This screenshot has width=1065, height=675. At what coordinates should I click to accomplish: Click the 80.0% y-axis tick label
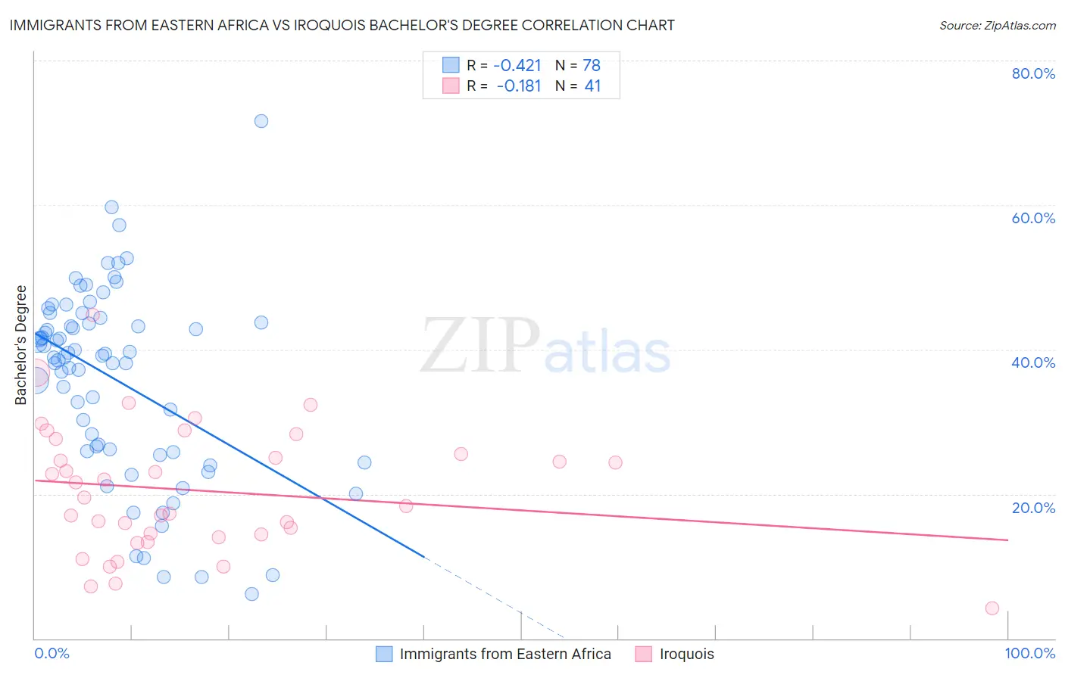(x=1033, y=73)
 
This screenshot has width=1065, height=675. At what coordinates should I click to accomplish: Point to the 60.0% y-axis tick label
(x=1033, y=218)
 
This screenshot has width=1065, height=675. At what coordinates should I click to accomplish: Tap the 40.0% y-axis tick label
(x=1033, y=362)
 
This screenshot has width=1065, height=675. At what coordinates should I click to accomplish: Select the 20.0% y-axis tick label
(x=1033, y=507)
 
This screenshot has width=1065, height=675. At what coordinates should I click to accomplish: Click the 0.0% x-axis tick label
(x=52, y=654)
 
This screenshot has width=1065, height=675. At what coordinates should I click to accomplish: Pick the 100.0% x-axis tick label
(x=1029, y=654)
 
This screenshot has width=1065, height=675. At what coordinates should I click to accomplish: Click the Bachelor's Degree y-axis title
(x=21, y=345)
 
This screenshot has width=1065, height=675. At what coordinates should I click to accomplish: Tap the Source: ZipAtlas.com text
(x=997, y=25)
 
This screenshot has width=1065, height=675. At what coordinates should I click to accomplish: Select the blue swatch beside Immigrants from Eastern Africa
(x=384, y=654)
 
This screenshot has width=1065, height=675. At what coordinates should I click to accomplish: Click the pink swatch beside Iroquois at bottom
(x=644, y=654)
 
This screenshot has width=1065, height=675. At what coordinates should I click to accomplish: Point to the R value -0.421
(x=517, y=66)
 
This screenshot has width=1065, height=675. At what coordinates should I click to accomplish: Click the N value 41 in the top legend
(x=592, y=86)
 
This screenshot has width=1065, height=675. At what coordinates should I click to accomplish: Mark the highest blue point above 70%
(x=261, y=121)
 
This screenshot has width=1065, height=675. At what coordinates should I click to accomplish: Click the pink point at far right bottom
(x=992, y=608)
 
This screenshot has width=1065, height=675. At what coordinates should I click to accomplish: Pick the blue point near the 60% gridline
(x=111, y=207)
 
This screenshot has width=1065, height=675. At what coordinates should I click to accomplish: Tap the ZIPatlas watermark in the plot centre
(x=545, y=347)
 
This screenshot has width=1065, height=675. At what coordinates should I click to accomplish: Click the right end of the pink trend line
(x=1007, y=540)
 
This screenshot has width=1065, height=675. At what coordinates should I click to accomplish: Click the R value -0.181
(x=518, y=86)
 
